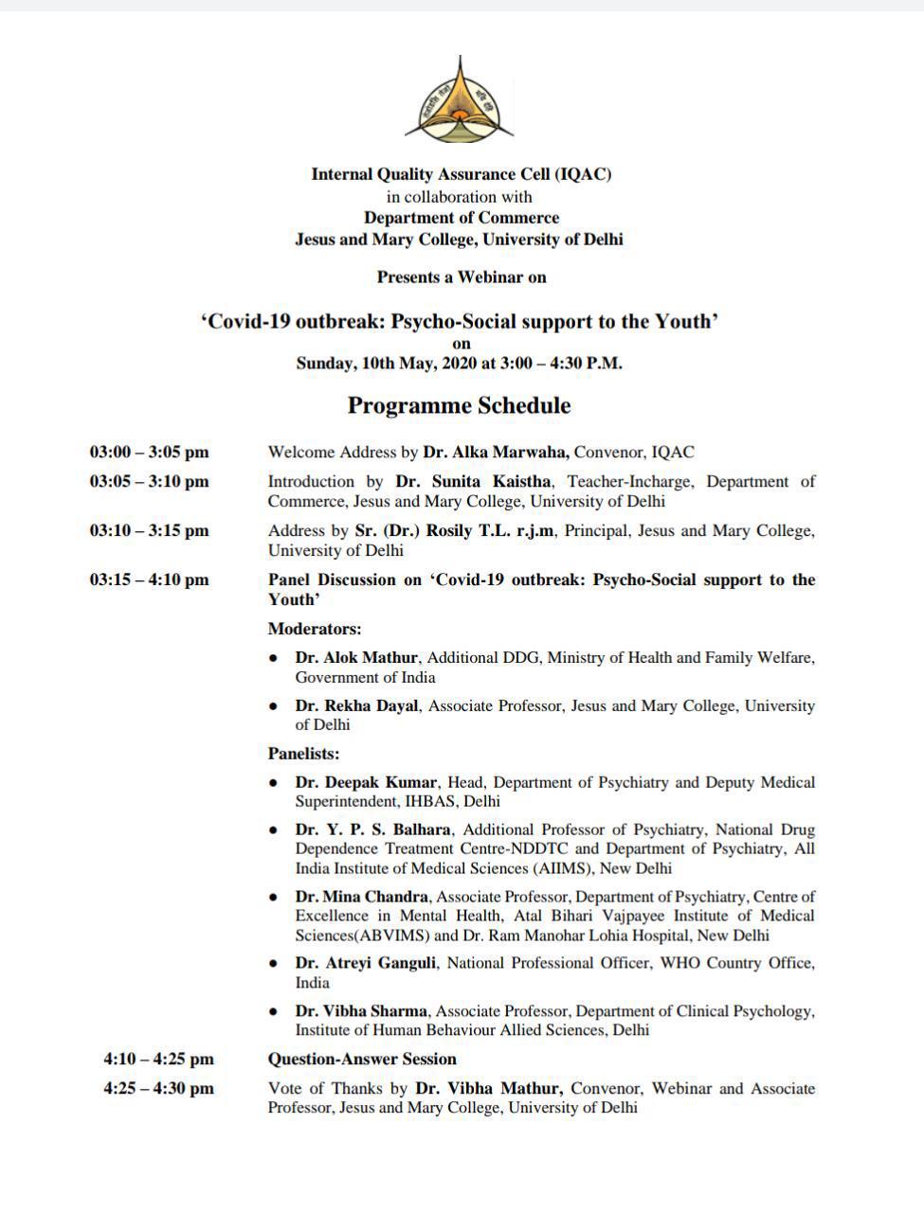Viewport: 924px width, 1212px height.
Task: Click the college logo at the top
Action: click(460, 101)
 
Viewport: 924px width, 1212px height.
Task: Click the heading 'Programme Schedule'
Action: click(459, 405)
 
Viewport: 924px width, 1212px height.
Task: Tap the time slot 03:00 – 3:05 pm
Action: click(150, 453)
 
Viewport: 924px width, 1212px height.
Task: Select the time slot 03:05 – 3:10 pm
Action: click(150, 481)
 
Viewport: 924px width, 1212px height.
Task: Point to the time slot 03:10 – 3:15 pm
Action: click(150, 530)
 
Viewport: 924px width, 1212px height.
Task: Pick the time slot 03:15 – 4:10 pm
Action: click(150, 579)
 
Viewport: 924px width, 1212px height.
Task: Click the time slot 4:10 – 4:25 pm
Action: click(158, 1059)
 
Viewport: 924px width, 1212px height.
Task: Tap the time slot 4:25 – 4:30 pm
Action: click(158, 1088)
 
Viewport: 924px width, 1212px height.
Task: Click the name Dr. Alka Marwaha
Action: click(496, 453)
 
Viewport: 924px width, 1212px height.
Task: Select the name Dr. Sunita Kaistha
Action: click(473, 481)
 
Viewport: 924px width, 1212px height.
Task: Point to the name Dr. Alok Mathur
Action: click(357, 657)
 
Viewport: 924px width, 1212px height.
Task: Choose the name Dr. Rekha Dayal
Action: click(356, 705)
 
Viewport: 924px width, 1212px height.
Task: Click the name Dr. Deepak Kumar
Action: click(366, 782)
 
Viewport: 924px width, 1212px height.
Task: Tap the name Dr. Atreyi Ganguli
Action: click(366, 963)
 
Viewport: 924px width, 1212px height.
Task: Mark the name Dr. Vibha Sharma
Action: click(361, 1011)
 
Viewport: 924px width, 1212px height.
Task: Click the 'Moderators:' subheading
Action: click(315, 629)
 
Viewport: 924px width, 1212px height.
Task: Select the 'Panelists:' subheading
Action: click(303, 754)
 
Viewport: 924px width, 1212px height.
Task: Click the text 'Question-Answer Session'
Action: click(362, 1059)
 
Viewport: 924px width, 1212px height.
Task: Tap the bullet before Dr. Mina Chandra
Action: click(274, 897)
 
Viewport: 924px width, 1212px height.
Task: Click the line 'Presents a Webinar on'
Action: click(462, 277)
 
